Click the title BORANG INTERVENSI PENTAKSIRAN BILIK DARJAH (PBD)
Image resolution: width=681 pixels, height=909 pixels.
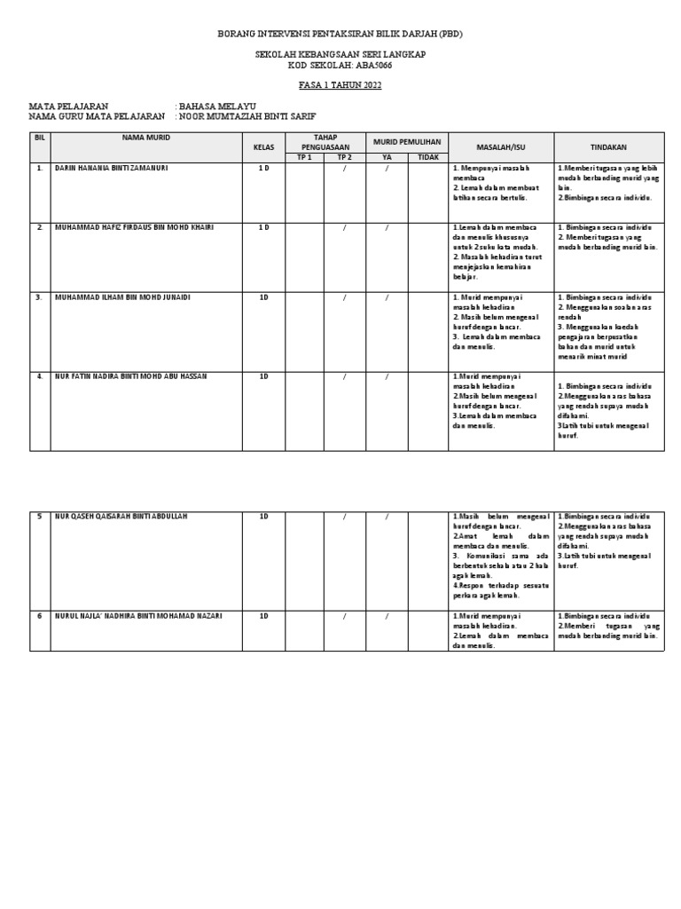click(x=340, y=33)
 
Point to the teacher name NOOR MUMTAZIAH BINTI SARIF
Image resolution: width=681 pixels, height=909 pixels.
click(x=247, y=116)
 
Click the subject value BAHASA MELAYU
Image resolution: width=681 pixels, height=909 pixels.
click(x=217, y=106)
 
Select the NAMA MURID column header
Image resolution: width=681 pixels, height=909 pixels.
click(x=146, y=138)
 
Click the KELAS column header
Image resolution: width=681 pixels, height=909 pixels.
click(x=263, y=146)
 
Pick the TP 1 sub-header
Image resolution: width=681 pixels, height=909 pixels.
click(x=304, y=157)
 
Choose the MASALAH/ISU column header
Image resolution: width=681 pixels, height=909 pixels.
click(x=501, y=146)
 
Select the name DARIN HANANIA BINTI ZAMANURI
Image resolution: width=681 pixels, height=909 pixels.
click(x=112, y=168)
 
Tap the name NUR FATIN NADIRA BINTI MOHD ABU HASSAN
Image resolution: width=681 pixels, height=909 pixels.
click(x=131, y=375)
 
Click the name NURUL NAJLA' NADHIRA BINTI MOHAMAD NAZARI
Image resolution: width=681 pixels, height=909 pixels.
click(x=138, y=615)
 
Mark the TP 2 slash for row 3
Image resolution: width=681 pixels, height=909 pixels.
click(x=345, y=296)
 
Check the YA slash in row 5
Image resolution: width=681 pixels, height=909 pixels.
click(x=387, y=516)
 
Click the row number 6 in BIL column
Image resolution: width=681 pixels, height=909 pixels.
click(x=39, y=615)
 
